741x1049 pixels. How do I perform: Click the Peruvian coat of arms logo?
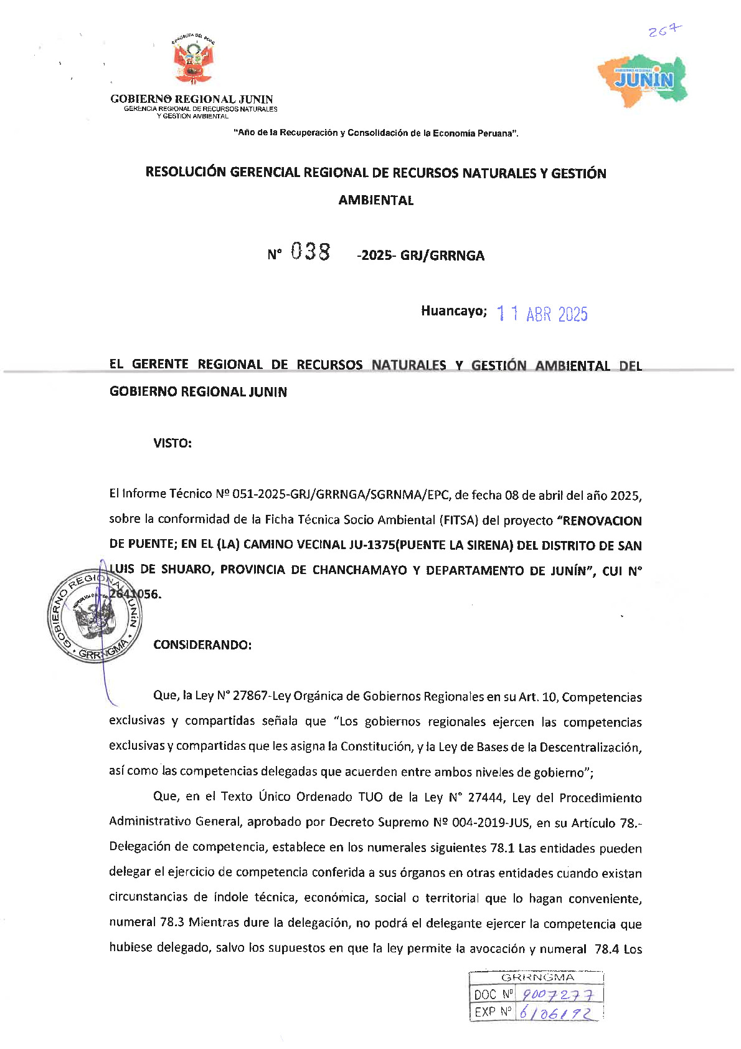192,61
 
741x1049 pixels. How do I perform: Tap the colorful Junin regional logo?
643,79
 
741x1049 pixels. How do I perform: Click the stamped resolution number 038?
311,252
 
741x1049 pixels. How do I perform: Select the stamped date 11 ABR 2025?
542,314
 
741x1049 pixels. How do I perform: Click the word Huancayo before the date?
453,311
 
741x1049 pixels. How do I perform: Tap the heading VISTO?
172,443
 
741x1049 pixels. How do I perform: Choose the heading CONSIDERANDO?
202,645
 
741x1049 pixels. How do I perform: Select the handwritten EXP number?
556,1013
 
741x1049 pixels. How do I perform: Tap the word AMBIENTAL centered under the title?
376,201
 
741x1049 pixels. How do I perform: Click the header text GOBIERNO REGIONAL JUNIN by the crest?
192,99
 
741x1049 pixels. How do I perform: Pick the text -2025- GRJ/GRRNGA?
420,256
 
